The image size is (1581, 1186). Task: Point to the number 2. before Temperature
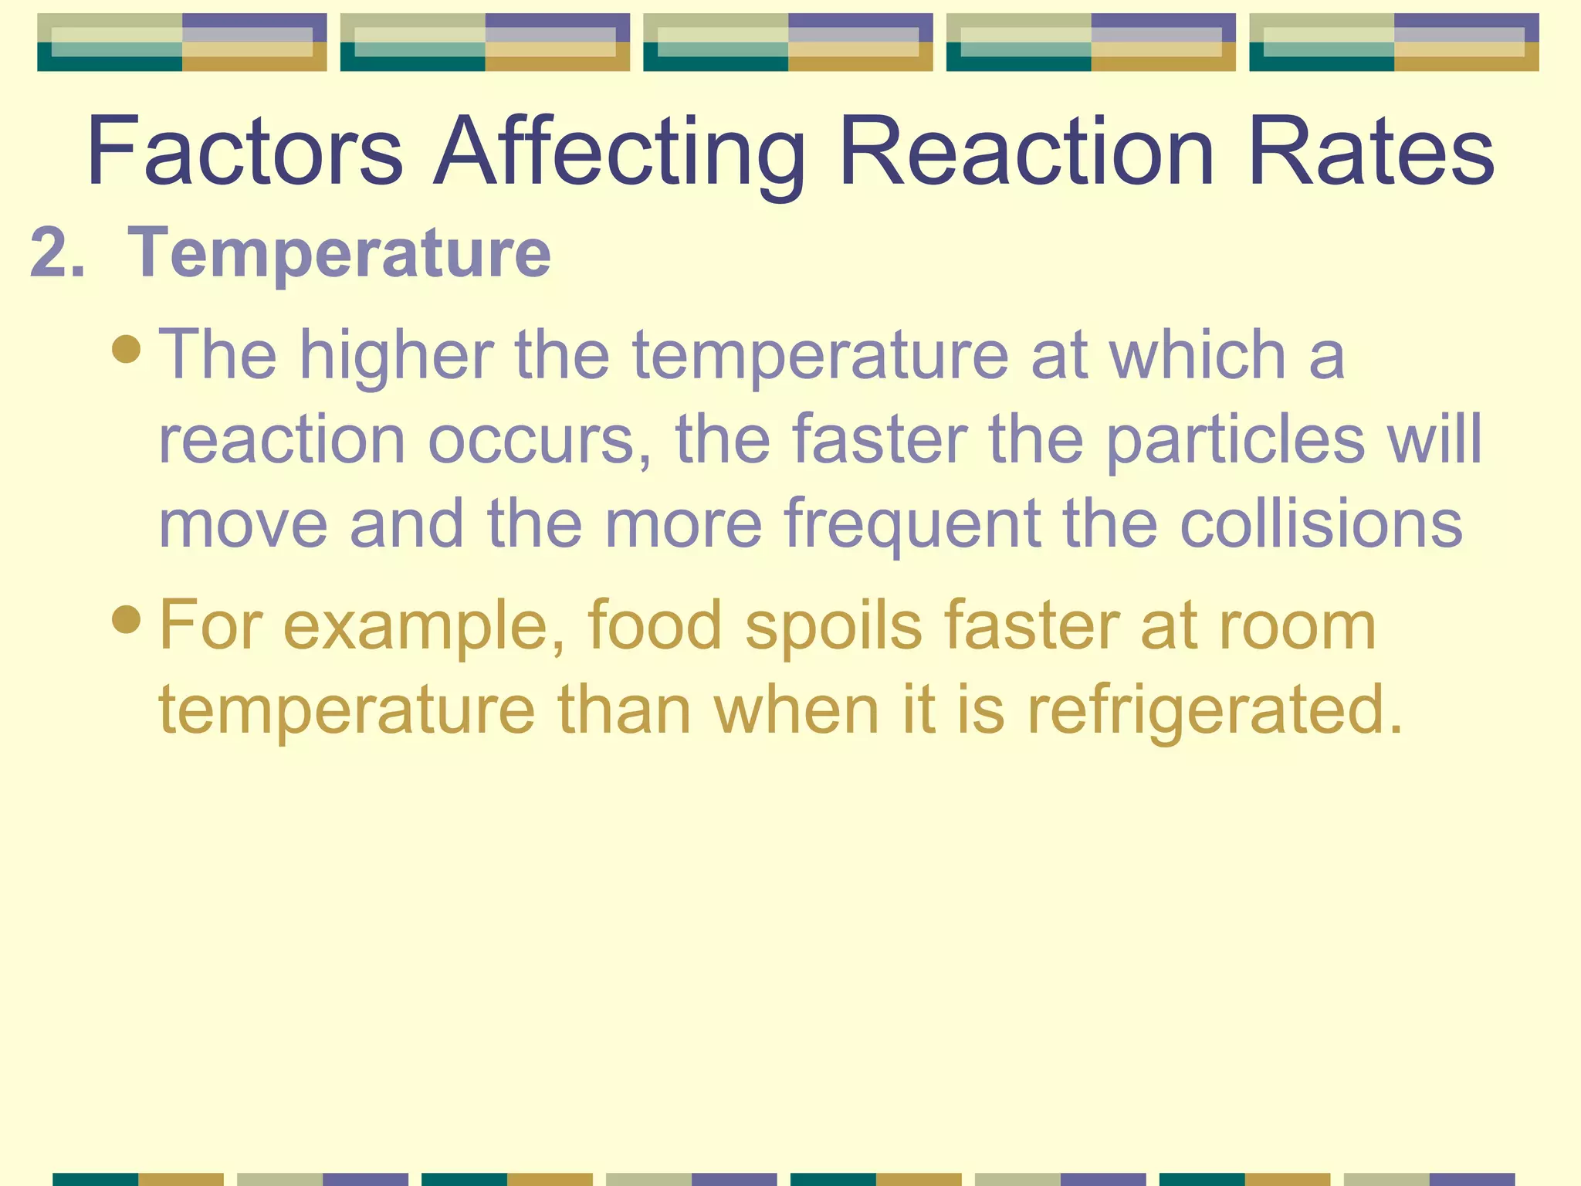click(x=57, y=252)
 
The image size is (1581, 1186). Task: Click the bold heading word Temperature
click(x=339, y=252)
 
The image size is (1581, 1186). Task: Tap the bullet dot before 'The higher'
click(x=126, y=348)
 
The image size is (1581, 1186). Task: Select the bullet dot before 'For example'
click(x=126, y=619)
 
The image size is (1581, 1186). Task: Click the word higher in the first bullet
click(x=397, y=354)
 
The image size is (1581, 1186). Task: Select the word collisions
click(x=1321, y=524)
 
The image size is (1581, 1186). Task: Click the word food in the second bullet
click(x=655, y=625)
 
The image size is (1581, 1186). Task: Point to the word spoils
click(x=833, y=625)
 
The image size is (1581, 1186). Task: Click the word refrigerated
click(x=1214, y=710)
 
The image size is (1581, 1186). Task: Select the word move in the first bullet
click(x=243, y=524)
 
